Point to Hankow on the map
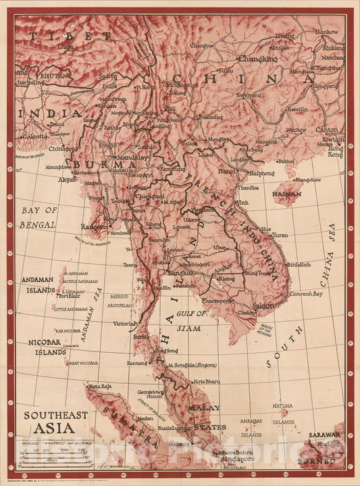click(x=327, y=32)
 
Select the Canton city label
click(x=327, y=129)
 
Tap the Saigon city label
click(x=263, y=306)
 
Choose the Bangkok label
click(x=180, y=272)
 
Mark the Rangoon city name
click(x=94, y=227)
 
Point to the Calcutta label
click(x=34, y=135)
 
